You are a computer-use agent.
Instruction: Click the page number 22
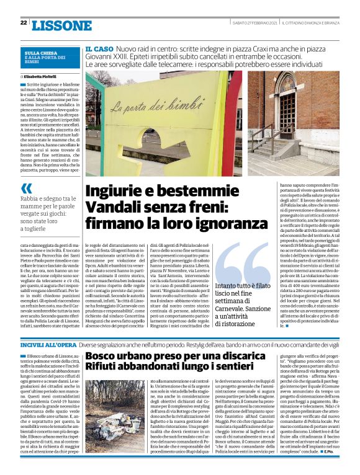[x=23, y=22]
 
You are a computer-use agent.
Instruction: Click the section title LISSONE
[x=61, y=25]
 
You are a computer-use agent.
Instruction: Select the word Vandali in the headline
[x=112, y=206]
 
